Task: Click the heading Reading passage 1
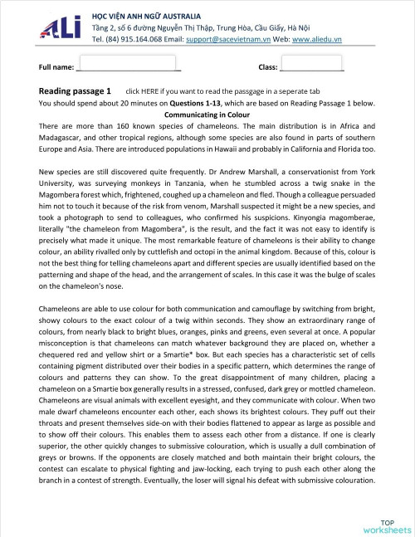click(x=75, y=90)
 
